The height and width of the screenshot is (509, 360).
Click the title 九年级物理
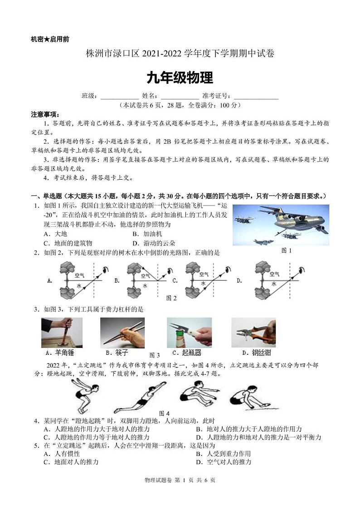pos(180,78)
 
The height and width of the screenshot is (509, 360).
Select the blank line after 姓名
pos(180,97)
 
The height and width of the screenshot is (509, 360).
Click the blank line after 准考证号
pos(256,97)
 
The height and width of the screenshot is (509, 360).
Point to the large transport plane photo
pos(281,225)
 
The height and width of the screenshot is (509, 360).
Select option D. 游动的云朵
pos(153,243)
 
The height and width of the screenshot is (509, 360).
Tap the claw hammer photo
pos(62,333)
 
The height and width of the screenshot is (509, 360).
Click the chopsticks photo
pos(122,333)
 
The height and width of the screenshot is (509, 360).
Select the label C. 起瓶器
pos(187,352)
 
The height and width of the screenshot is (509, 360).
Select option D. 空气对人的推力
pos(223,462)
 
